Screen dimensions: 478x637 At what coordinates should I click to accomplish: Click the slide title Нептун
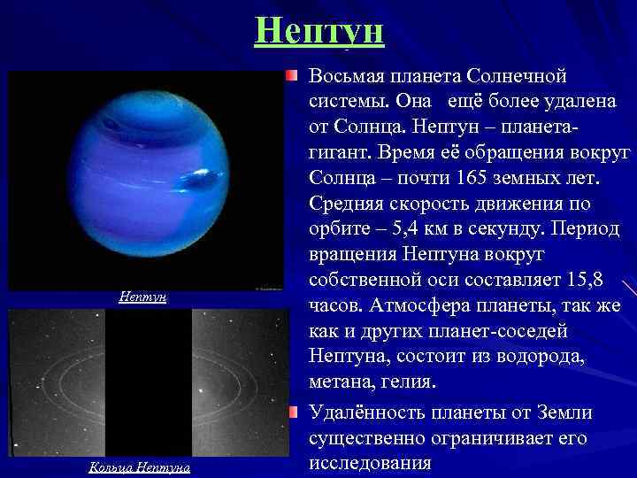[x=318, y=31]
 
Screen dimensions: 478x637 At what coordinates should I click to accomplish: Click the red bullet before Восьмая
[x=293, y=78]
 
